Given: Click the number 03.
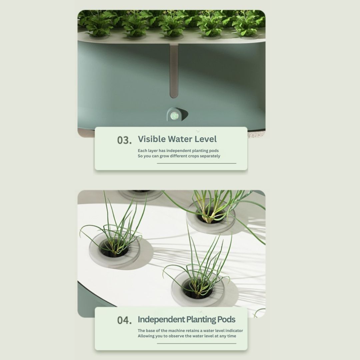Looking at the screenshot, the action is [x=124, y=140].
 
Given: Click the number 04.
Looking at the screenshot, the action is [x=124, y=320].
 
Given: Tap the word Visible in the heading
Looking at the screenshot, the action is [x=152, y=139].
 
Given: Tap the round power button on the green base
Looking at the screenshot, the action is [x=174, y=116].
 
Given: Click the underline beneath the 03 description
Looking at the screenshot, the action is [x=197, y=163].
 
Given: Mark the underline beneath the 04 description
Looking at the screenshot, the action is [x=197, y=343].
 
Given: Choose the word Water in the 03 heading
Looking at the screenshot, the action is [x=180, y=139].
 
